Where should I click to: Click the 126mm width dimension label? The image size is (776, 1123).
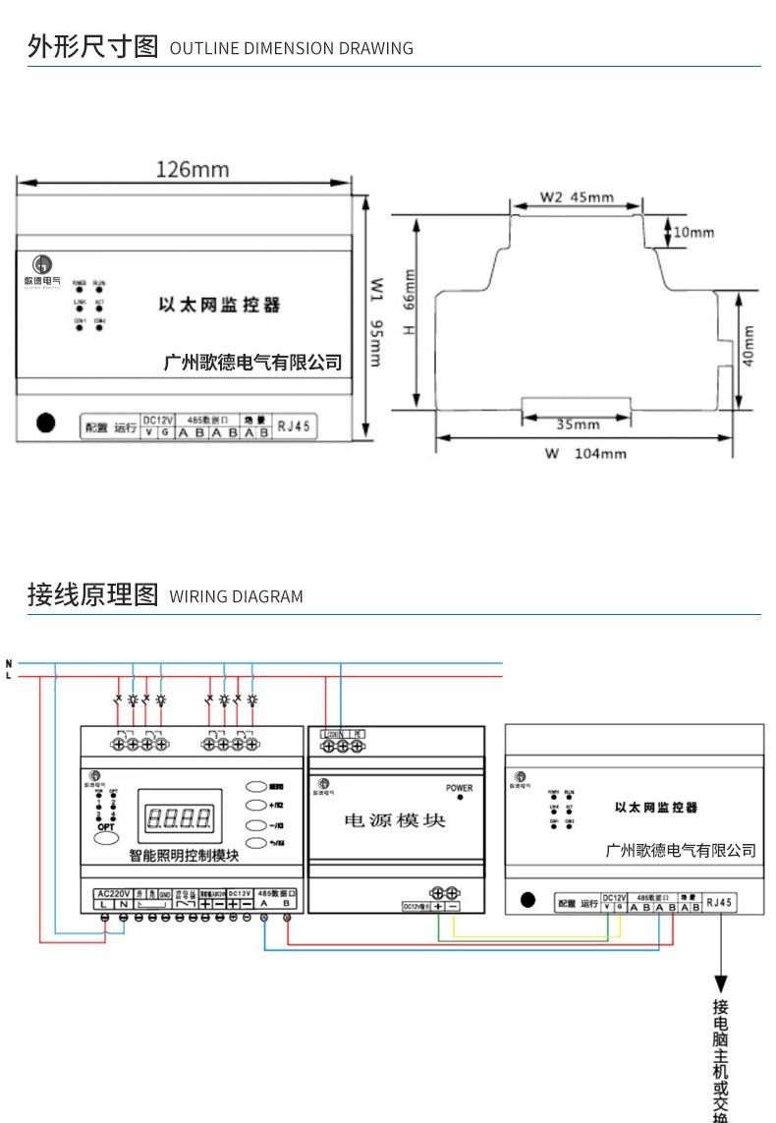pyautogui.click(x=192, y=169)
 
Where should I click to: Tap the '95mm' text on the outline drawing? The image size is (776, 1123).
pyautogui.click(x=374, y=343)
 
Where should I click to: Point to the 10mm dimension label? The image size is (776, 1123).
pyautogui.click(x=694, y=232)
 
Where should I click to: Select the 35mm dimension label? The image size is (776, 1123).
pyautogui.click(x=578, y=424)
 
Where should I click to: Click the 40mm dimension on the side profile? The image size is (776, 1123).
pyautogui.click(x=748, y=346)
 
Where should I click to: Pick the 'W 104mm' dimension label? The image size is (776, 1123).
pyautogui.click(x=585, y=454)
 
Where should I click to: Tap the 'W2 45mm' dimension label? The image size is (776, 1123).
pyautogui.click(x=577, y=197)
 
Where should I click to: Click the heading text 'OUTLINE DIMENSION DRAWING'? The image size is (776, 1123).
pyautogui.click(x=292, y=48)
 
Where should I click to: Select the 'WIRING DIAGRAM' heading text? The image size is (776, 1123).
pyautogui.click(x=237, y=596)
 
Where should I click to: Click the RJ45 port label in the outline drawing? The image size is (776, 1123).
pyautogui.click(x=293, y=426)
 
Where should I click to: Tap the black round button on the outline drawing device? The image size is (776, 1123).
pyautogui.click(x=45, y=423)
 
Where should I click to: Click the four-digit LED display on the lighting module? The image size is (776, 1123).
pyautogui.click(x=179, y=817)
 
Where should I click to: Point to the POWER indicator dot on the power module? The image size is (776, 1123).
pyautogui.click(x=460, y=798)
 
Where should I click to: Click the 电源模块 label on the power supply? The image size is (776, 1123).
pyautogui.click(x=395, y=820)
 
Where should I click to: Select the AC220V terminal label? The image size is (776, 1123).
pyautogui.click(x=112, y=892)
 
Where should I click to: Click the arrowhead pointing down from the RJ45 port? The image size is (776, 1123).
pyautogui.click(x=721, y=983)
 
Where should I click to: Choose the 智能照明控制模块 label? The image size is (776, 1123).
pyautogui.click(x=185, y=856)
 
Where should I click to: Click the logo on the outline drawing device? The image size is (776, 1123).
pyautogui.click(x=42, y=264)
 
